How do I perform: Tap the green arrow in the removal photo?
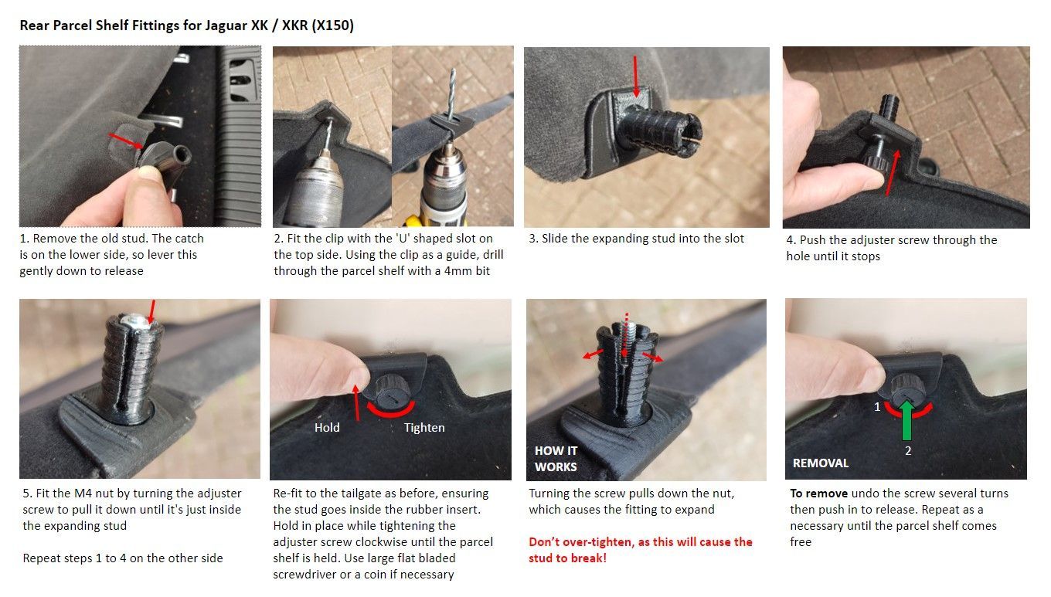907,419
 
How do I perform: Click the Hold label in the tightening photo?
327,428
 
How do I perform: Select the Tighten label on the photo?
424,428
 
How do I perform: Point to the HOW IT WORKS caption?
556,459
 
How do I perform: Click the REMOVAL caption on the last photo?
821,463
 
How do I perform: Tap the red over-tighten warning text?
641,550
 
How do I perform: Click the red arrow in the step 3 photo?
636,76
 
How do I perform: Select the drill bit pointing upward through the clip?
451,93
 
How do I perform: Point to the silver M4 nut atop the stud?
136,321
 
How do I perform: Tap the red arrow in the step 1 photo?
126,141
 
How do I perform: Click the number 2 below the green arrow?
908,451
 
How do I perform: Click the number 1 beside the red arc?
877,406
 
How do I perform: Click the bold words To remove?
818,494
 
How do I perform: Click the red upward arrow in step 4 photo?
893,172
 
